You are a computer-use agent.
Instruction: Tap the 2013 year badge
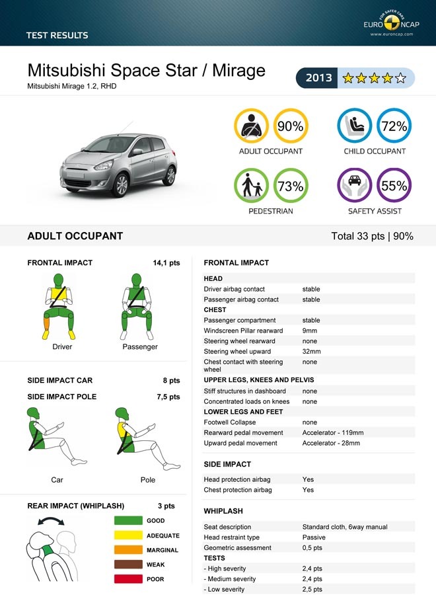(x=318, y=78)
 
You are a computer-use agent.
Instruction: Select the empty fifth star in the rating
(x=400, y=79)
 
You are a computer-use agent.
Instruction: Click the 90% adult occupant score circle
(x=290, y=126)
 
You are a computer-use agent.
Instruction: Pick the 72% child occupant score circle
(x=394, y=126)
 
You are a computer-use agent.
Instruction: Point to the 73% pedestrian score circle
(x=290, y=186)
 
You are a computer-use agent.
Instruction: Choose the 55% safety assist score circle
(x=394, y=186)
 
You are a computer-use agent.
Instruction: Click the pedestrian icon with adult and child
(x=252, y=186)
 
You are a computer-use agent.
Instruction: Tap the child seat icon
(x=355, y=126)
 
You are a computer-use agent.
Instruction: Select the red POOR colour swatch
(x=128, y=579)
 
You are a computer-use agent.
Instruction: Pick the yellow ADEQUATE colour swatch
(x=128, y=535)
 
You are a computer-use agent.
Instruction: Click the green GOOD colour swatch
(x=128, y=521)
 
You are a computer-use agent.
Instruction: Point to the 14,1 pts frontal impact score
(x=166, y=263)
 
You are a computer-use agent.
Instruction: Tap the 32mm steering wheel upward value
(x=311, y=352)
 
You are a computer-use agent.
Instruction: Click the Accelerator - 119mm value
(x=333, y=433)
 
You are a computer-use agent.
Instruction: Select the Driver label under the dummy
(x=62, y=347)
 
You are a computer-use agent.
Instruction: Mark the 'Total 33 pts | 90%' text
(x=372, y=236)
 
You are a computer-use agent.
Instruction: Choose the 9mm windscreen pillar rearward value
(x=310, y=331)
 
